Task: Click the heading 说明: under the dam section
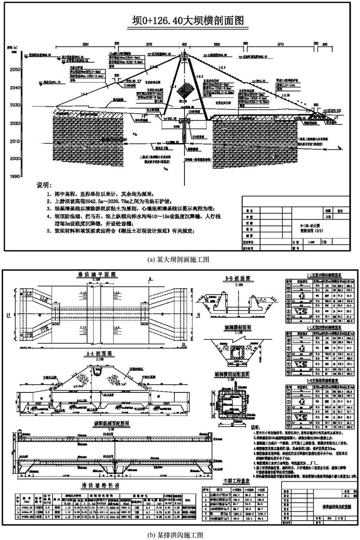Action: (x=45, y=186)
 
